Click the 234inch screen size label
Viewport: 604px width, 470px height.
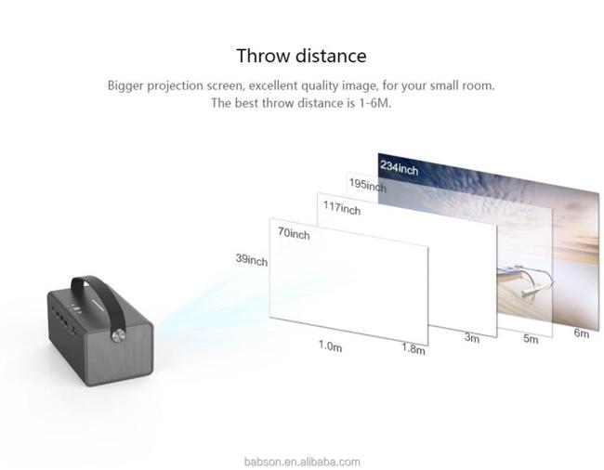399,167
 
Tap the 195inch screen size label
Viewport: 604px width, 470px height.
367,185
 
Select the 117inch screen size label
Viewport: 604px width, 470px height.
342,208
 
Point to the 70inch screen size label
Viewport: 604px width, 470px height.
294,233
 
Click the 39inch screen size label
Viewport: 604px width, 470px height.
252,260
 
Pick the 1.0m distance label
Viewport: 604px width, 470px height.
330,346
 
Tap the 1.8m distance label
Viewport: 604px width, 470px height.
414,348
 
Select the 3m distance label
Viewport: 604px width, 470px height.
471,337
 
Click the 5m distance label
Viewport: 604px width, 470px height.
531,338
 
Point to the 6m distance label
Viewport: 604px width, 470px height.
582,333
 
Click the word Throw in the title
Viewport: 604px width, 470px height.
263,56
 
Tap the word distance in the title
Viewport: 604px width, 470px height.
331,56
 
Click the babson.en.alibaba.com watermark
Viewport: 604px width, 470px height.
302,462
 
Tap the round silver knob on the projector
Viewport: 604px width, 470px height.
118,335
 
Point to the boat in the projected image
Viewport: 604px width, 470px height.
525,281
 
